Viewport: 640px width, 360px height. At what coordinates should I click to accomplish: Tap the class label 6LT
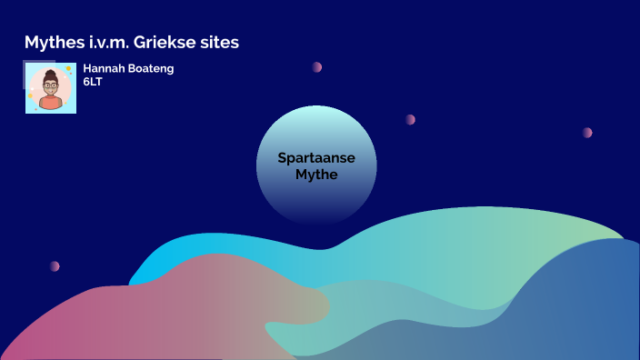coord(93,81)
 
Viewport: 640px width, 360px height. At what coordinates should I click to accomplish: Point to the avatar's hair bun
coord(50,68)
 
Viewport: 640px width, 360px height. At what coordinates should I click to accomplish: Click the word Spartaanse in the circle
coord(316,158)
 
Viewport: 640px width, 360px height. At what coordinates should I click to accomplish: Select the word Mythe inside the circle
coord(316,174)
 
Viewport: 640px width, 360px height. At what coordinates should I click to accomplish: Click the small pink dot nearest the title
coord(317,66)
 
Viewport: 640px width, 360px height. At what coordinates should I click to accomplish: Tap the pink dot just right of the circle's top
coord(410,119)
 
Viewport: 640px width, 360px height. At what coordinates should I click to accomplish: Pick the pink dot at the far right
coord(587,132)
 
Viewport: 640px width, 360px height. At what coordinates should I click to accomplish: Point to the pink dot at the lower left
coord(55,266)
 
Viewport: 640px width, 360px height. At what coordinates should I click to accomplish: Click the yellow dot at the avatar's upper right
coord(68,69)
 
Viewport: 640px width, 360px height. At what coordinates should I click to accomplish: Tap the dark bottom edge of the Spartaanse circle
coord(316,218)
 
